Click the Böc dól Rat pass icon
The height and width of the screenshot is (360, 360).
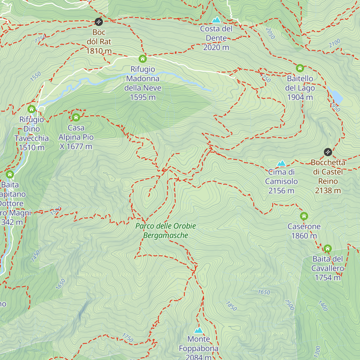point(99,22)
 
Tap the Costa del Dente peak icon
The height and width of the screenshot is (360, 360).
point(216,20)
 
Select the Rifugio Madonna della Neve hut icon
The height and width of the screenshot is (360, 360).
point(143,58)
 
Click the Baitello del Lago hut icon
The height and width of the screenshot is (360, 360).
point(300,68)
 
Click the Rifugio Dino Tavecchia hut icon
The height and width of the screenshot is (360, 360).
point(31,109)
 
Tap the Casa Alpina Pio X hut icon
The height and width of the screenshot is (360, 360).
point(76,117)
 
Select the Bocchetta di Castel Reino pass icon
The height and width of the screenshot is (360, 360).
point(328,152)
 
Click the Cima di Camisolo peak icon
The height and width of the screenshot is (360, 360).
point(281,163)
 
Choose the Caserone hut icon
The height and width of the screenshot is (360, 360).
point(304,216)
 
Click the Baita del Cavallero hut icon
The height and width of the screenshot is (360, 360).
point(328,248)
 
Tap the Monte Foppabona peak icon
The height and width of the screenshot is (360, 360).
point(199,330)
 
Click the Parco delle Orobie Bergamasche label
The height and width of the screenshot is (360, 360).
point(166,231)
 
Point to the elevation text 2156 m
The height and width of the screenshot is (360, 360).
point(281,191)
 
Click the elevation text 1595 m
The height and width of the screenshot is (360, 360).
point(143,97)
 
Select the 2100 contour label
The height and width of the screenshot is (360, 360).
point(334,43)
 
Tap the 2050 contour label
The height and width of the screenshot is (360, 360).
point(270,33)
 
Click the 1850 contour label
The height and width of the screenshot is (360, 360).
point(231,306)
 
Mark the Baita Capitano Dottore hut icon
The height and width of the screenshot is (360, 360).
point(10,174)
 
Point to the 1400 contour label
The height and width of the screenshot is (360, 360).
point(323,306)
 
